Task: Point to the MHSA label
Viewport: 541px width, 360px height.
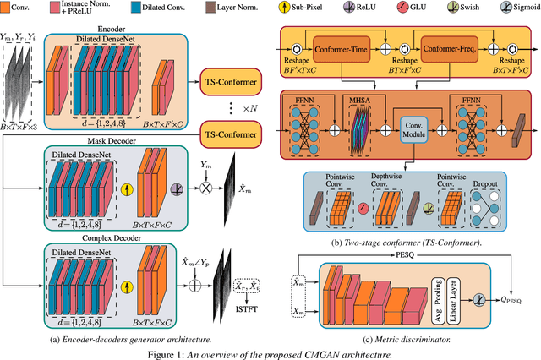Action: click(360, 100)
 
